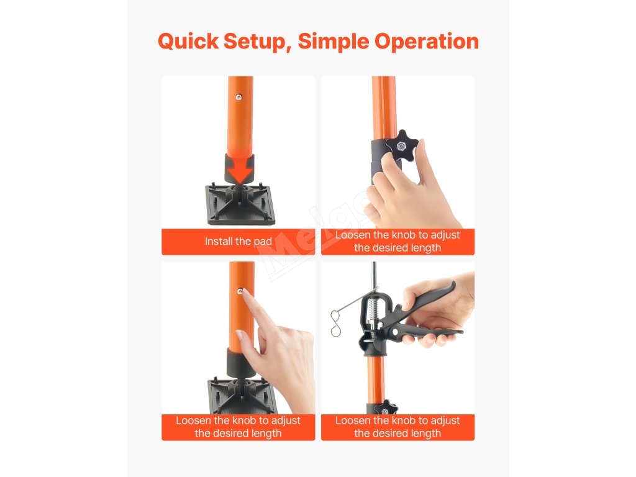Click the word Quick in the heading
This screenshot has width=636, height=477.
pos(188,42)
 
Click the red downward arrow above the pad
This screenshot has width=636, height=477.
pos(240,169)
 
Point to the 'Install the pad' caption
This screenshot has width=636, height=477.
pos(238,242)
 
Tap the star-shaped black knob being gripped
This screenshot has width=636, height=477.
pos(402,146)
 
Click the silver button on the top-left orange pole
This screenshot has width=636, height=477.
pos(239,96)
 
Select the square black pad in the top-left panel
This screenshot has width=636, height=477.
pos(240,204)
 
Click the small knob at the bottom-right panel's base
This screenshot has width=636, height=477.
pos(385,407)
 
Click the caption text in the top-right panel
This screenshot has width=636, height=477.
pos(397,242)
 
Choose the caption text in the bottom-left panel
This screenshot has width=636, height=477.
pos(238,427)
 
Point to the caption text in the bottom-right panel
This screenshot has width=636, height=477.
pos(397,427)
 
